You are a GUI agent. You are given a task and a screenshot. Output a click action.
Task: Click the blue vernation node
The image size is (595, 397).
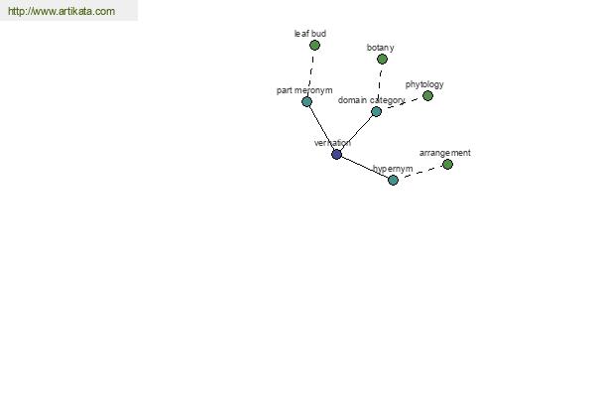(336, 154)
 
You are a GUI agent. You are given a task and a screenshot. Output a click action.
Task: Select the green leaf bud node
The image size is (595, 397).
(314, 46)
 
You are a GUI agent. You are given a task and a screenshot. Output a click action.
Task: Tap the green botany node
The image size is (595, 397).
(382, 59)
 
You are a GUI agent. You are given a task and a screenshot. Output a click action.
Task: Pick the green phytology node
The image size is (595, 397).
(427, 95)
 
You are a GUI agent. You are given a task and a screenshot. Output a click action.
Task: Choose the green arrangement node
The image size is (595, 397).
(448, 164)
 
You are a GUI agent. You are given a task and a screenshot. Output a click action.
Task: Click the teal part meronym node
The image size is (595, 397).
(306, 102)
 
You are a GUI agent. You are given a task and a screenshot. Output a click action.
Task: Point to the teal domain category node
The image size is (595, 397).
(376, 112)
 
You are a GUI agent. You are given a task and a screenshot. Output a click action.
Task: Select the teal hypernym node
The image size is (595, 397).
(393, 180)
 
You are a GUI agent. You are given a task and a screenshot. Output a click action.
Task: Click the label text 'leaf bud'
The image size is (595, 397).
(310, 34)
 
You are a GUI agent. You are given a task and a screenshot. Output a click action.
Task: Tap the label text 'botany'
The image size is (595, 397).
(380, 48)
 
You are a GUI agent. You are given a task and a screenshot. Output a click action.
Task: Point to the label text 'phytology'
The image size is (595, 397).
(424, 84)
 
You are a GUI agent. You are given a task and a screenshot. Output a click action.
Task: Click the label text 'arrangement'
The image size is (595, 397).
(444, 153)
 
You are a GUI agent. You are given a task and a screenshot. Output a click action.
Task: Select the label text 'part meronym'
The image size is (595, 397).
(304, 90)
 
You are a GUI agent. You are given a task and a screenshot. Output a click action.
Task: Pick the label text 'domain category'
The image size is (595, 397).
(371, 100)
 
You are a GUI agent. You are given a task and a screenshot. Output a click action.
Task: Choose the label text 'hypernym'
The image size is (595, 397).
(393, 169)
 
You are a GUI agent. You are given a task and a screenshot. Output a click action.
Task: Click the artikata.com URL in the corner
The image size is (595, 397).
(61, 11)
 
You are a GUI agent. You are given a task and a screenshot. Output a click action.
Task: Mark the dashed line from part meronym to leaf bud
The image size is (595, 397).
(310, 73)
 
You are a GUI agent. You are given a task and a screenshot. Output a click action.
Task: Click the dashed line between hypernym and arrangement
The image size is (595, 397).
(420, 172)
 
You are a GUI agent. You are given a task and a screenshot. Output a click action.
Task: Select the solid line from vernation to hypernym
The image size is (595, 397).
(365, 167)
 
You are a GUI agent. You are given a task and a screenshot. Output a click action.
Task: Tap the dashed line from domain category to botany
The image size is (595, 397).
(379, 85)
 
